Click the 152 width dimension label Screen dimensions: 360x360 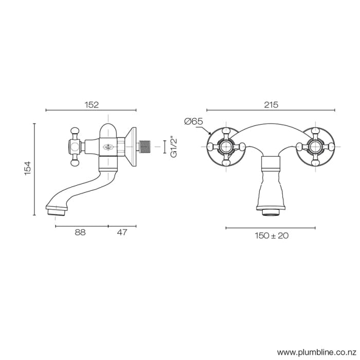click(x=91, y=104)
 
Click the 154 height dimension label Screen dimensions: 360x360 click(x=28, y=168)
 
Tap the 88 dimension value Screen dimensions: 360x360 click(x=80, y=232)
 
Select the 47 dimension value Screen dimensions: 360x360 click(x=122, y=232)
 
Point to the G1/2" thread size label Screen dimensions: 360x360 click(x=173, y=147)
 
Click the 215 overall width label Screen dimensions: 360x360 click(x=271, y=104)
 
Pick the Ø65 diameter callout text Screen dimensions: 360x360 click(x=193, y=121)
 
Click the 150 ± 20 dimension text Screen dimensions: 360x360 click(x=272, y=236)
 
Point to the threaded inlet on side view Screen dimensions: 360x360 click(x=147, y=147)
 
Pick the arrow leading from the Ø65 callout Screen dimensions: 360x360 click(x=208, y=132)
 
